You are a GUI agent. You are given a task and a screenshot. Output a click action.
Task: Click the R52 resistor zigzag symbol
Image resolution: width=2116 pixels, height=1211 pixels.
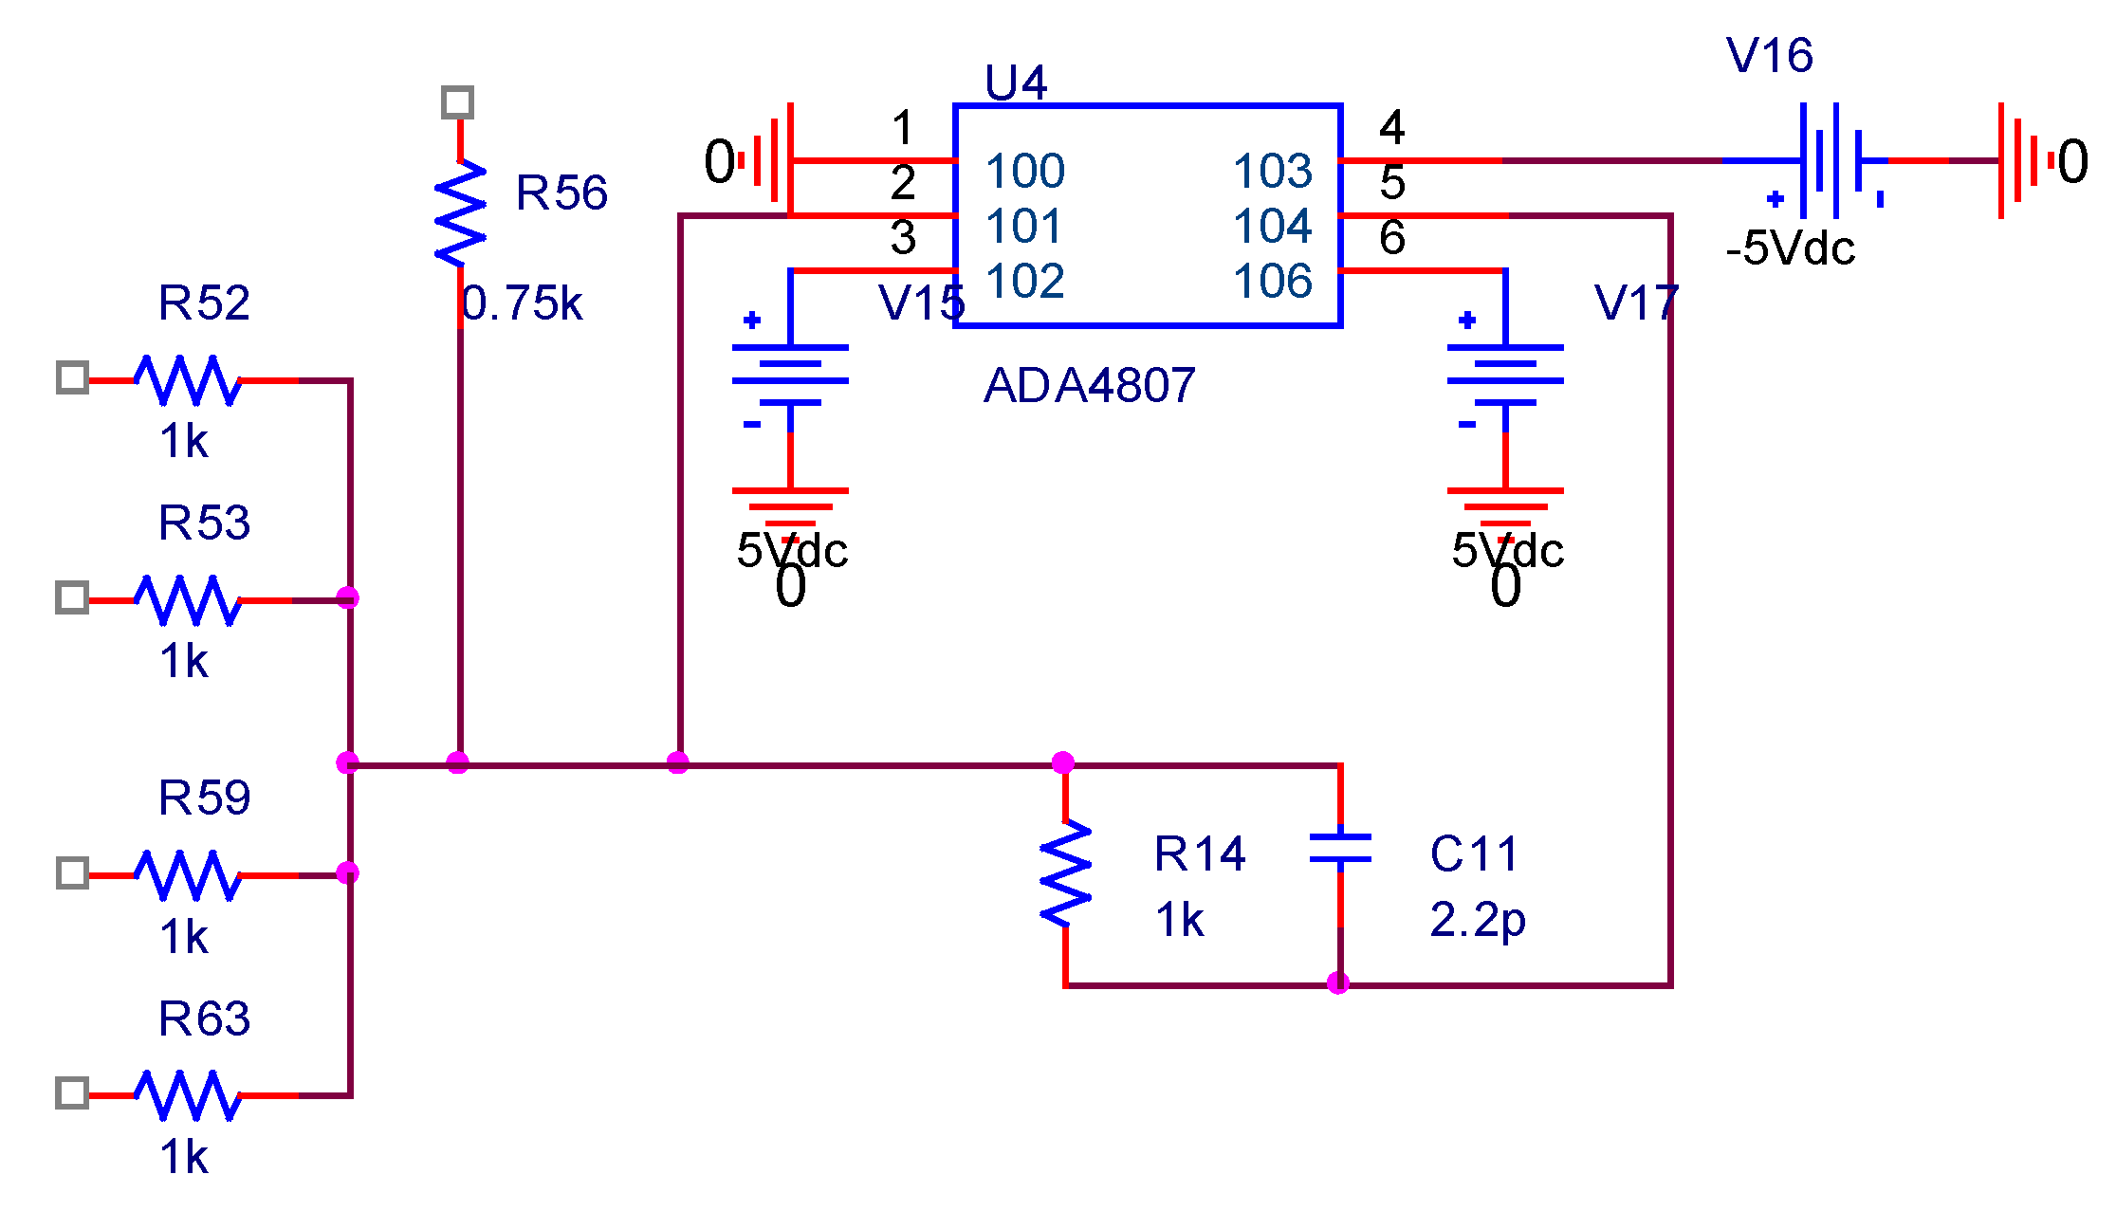tap(187, 380)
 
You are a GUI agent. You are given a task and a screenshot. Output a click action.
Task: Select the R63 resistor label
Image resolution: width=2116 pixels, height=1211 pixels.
tap(204, 1019)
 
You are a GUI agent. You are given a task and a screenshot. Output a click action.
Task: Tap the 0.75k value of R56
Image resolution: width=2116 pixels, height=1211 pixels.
tap(522, 304)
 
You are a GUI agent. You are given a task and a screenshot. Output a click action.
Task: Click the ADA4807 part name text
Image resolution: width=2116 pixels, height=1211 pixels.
tap(1089, 386)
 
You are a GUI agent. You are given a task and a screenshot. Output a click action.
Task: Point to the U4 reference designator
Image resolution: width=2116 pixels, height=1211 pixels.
tap(1015, 83)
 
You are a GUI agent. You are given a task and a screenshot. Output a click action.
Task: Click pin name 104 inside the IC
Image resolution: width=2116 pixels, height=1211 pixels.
tap(1272, 227)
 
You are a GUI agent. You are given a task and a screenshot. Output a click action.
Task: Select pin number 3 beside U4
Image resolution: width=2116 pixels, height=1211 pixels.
tap(903, 237)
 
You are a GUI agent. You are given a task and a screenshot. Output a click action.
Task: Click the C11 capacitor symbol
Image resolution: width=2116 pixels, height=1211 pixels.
tap(1339, 849)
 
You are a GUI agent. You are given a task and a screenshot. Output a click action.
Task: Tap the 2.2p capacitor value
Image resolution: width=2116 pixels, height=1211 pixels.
tap(1477, 920)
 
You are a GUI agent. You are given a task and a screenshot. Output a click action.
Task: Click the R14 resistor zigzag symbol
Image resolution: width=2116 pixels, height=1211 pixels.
tap(1065, 873)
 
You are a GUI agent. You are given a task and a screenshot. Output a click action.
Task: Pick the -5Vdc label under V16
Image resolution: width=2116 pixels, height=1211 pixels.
tap(1790, 248)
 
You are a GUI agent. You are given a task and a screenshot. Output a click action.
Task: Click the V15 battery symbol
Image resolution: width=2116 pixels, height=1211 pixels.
tap(789, 376)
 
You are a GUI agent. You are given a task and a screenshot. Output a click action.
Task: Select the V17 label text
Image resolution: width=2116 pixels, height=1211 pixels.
tap(1636, 303)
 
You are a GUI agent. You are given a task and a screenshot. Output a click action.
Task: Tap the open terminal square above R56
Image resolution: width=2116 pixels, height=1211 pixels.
tap(458, 102)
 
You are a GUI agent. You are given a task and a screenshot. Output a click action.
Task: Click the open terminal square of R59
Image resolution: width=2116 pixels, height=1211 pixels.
tap(72, 873)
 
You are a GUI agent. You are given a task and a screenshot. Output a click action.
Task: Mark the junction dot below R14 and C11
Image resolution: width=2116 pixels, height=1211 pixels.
tap(1337, 983)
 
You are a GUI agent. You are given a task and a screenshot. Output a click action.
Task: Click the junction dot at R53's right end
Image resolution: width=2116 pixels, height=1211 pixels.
tap(348, 597)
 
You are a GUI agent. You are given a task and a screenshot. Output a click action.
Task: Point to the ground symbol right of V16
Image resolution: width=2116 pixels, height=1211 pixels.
tap(2018, 160)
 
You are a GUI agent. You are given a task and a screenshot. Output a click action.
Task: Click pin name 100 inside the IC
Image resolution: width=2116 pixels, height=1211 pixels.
tap(1024, 172)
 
